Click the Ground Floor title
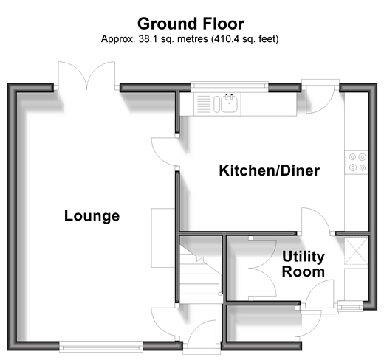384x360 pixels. click(x=191, y=24)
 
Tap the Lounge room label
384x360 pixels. click(x=92, y=216)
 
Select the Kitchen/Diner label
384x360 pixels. click(x=270, y=170)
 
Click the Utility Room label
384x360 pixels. click(x=304, y=264)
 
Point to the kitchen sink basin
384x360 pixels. click(x=229, y=104)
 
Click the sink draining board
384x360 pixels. click(x=204, y=104)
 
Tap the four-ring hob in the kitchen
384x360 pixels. click(x=356, y=162)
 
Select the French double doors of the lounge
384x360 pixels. click(x=86, y=75)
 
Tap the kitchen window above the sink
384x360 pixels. click(x=229, y=86)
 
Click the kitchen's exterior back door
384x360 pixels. click(x=320, y=98)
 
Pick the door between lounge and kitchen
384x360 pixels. click(x=165, y=152)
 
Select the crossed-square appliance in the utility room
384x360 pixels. click(x=356, y=250)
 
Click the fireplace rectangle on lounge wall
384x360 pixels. click(x=163, y=238)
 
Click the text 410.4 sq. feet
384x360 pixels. click(x=244, y=39)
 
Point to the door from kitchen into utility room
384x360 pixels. click(x=316, y=221)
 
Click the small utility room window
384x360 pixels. click(x=351, y=307)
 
